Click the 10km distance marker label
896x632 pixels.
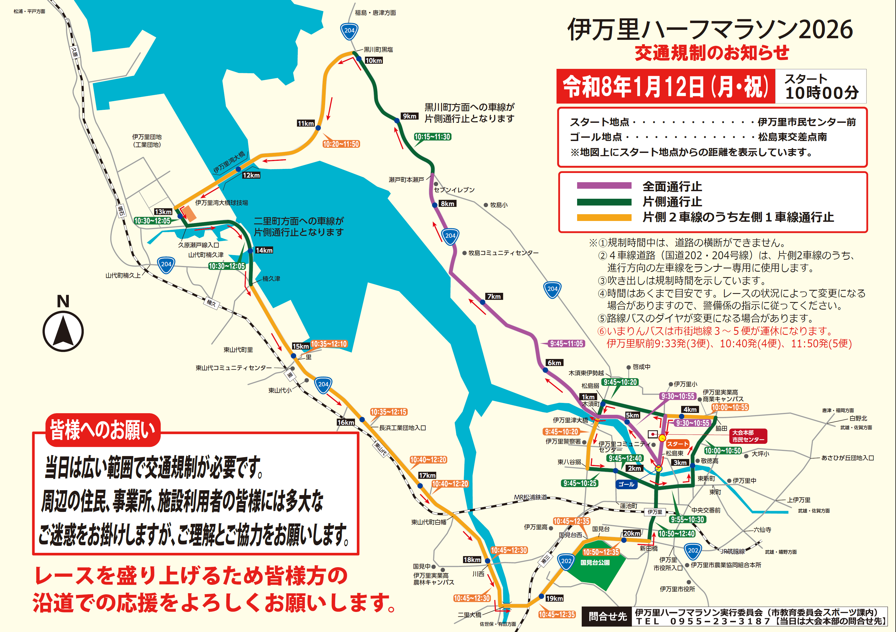point(373,60)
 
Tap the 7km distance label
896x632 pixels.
point(494,296)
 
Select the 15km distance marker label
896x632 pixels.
point(300,346)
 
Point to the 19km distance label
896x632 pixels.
point(554,598)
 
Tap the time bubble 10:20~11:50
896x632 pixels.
point(341,144)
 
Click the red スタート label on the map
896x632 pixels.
point(677,444)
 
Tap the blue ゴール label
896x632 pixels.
point(626,484)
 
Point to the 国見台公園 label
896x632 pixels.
point(595,563)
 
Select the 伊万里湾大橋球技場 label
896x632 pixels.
point(222,203)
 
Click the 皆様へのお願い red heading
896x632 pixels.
point(103,430)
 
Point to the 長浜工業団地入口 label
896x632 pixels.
point(402,428)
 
